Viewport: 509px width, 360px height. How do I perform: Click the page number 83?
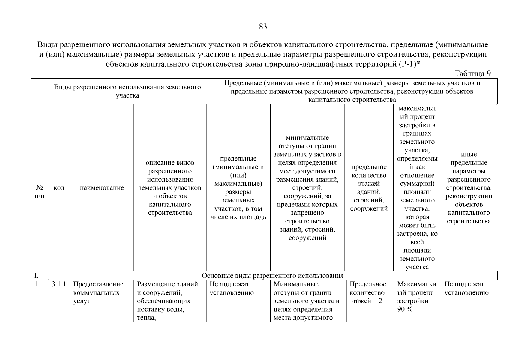263,27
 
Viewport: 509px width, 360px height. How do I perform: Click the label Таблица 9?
472,74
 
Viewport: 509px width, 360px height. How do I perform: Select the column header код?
59,188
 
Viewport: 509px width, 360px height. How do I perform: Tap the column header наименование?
102,188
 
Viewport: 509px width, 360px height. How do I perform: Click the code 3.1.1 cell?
59,284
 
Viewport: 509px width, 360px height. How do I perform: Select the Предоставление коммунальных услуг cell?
98,292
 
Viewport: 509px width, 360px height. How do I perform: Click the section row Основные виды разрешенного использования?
272,276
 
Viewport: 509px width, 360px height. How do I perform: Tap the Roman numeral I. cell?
37,276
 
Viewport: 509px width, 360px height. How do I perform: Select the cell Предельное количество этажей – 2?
368,292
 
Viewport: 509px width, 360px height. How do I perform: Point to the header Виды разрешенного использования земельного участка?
127,91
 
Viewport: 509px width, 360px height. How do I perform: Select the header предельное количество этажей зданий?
369,188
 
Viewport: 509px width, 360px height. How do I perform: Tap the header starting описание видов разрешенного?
170,188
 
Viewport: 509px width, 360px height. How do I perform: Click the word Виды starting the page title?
47,45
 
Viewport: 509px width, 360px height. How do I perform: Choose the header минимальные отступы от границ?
307,188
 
